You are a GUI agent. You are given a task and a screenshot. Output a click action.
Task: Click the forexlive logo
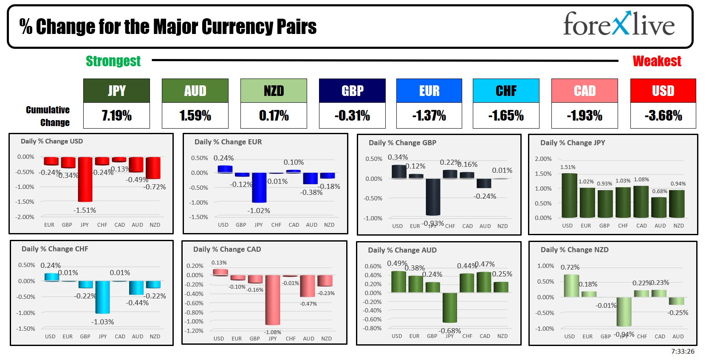pos(618,24)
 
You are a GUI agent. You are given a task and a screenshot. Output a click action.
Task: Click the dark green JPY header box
pos(116,90)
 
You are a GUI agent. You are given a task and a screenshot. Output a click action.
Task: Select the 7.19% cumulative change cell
pos(116,115)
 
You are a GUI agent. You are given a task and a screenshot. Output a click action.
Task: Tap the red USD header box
pos(663,90)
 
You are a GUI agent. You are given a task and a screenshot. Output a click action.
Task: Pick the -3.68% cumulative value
pos(663,115)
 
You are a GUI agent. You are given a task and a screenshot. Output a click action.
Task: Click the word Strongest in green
pos(113,61)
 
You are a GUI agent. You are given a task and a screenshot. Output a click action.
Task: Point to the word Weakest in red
pos(657,61)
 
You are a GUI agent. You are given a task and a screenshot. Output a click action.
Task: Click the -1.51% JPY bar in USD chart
pos(85,179)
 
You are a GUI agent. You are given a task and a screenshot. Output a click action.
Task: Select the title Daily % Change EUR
pos(228,142)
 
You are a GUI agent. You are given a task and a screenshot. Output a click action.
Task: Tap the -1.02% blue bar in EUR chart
pos(259,188)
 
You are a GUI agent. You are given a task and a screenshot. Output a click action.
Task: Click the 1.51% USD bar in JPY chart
pos(569,195)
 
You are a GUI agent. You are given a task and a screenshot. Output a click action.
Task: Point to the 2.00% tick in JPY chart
pos(543,159)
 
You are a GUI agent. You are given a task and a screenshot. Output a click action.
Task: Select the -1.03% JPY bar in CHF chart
pos(102,297)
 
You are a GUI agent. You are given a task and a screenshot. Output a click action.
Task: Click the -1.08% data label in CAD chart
pos(273,332)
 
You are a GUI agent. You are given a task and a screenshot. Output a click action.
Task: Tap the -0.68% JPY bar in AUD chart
pos(449,307)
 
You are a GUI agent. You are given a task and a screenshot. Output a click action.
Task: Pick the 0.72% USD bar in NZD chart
pos(571,286)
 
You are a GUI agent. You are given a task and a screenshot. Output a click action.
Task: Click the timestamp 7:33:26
pos(683,352)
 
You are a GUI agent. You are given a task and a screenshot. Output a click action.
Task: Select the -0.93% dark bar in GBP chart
pos(433,197)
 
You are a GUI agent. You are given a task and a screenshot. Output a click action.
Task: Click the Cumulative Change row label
pos(48,116)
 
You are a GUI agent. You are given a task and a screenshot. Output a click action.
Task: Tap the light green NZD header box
pos(274,90)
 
